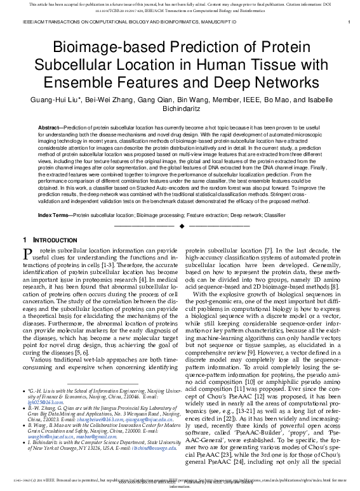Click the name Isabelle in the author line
coord(315,100)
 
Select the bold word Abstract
coord(51,128)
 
